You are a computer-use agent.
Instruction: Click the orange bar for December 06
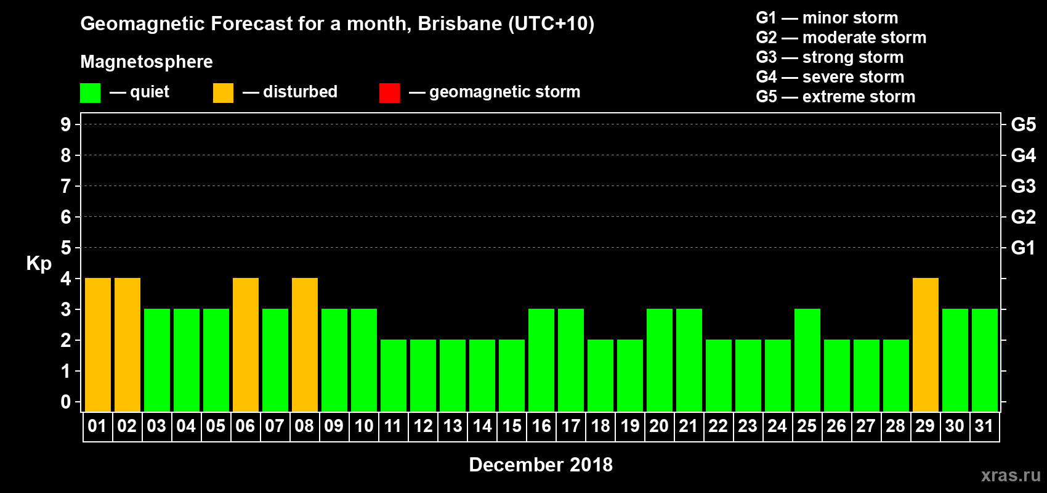246,344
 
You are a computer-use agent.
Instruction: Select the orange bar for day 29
926,344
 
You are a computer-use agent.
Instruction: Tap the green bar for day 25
807,360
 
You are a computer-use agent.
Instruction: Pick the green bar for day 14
482,375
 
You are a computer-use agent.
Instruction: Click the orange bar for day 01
98,344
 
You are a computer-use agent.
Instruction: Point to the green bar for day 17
571,360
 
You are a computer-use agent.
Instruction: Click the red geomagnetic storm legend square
389,93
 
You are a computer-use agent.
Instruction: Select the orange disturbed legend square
223,93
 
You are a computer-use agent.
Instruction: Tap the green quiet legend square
91,93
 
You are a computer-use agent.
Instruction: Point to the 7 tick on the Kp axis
66,186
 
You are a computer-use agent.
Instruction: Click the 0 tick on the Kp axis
66,402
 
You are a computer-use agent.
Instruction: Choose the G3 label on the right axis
1023,186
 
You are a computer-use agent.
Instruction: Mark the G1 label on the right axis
1023,248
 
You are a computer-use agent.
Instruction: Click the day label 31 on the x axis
984,426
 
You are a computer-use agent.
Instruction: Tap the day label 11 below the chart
393,426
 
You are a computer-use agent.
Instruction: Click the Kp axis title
39,263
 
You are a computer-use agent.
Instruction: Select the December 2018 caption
541,465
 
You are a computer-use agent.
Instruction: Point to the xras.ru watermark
1011,475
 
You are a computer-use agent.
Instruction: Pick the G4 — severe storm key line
830,77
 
